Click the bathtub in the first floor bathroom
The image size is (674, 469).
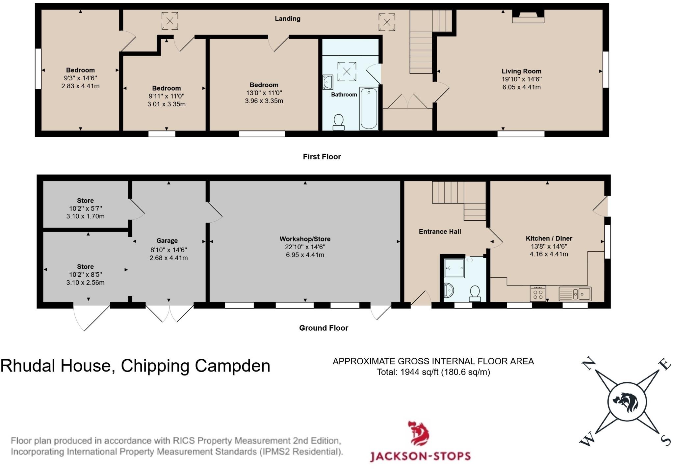pyautogui.click(x=369, y=109)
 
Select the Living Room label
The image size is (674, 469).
pyautogui.click(x=521, y=71)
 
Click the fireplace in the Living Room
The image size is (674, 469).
pyautogui.click(x=528, y=16)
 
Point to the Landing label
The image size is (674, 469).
pyautogui.click(x=288, y=19)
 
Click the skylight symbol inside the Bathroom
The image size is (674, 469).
pyautogui.click(x=347, y=71)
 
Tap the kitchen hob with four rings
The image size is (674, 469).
pyautogui.click(x=538, y=293)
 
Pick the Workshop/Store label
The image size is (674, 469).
pyautogui.click(x=305, y=239)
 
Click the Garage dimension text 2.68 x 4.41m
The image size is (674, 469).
pyautogui.click(x=168, y=258)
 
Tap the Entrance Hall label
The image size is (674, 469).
pyautogui.click(x=440, y=232)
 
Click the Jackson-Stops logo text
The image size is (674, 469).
pyautogui.click(x=420, y=456)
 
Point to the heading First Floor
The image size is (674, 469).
pyautogui.click(x=322, y=157)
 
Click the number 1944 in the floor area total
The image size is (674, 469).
pyautogui.click(x=410, y=372)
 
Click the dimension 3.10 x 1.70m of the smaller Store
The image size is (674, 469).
pyautogui.click(x=85, y=216)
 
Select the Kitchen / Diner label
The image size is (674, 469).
pyautogui.click(x=549, y=238)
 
